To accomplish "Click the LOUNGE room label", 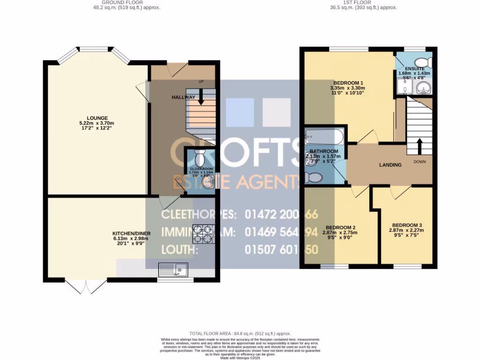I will (x=97, y=118).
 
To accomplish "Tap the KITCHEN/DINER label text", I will (x=131, y=233).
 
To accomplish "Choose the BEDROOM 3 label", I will (x=407, y=225).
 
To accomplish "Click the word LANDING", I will (x=390, y=165).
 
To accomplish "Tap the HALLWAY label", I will (x=183, y=97).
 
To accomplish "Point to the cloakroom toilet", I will (x=199, y=154).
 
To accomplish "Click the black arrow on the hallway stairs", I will (x=201, y=97).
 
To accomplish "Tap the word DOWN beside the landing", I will (x=420, y=162).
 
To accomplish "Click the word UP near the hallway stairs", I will (x=201, y=82).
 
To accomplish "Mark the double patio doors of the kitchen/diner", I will (x=86, y=286).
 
